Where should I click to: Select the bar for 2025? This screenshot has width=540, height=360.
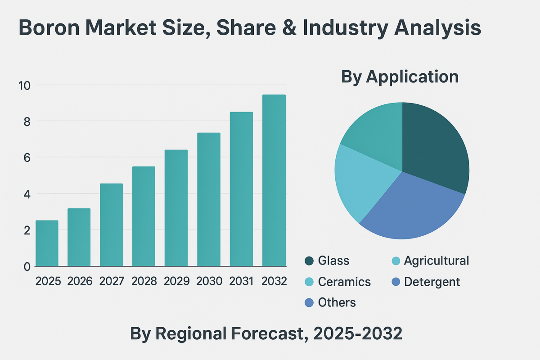pyautogui.click(x=47, y=243)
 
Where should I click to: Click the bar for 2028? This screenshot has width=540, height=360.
pyautogui.click(x=144, y=216)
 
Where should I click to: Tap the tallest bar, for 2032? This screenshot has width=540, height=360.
pyautogui.click(x=274, y=180)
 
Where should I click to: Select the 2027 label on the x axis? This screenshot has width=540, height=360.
pyautogui.click(x=112, y=281)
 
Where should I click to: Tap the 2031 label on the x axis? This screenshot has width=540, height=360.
pyautogui.click(x=241, y=281)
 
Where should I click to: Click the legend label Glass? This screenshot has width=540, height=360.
pyautogui.click(x=333, y=261)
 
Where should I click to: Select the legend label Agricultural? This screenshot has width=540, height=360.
pyautogui.click(x=436, y=261)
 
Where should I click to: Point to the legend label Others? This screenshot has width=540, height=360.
pyautogui.click(x=337, y=303)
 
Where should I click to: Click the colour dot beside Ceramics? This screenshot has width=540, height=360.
pyautogui.click(x=309, y=282)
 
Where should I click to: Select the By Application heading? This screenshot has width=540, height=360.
pyautogui.click(x=400, y=76)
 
